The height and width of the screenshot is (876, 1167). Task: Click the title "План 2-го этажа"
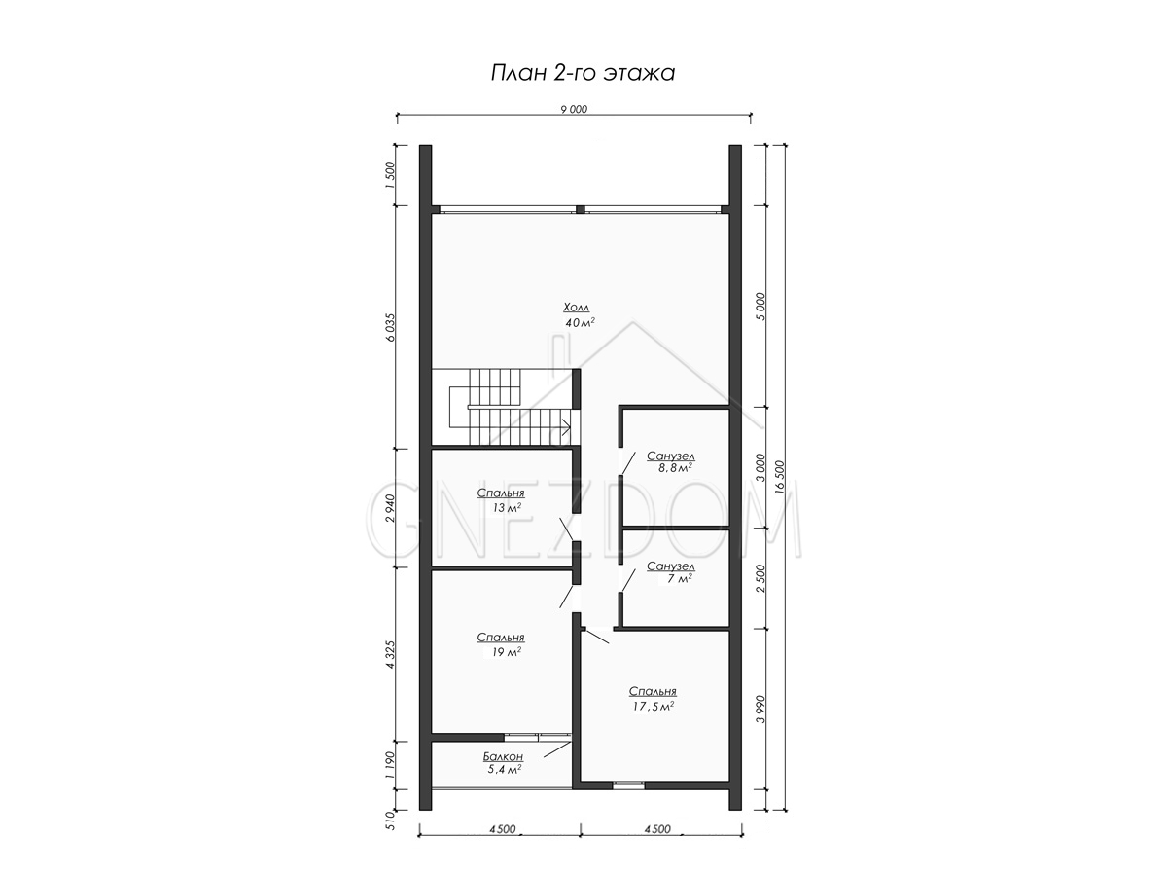click(583, 73)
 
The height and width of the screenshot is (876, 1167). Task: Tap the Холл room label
click(577, 308)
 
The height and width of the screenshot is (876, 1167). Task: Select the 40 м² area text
click(580, 322)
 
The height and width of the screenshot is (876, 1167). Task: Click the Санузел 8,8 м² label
click(670, 461)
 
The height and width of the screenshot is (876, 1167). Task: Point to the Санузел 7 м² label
click(670, 572)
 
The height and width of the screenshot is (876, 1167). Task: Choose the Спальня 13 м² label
click(501, 500)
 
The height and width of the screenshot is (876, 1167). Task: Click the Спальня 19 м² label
click(501, 644)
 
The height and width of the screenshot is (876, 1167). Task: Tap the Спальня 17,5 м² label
click(653, 698)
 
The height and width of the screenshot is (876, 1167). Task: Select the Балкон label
click(503, 756)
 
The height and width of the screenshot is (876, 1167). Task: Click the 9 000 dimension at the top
click(574, 110)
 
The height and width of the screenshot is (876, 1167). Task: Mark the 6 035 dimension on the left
click(391, 327)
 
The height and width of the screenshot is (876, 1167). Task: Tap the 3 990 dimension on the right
click(761, 709)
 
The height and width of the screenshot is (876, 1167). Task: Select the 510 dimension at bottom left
click(391, 821)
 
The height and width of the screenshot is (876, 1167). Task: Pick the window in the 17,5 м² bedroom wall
click(628, 785)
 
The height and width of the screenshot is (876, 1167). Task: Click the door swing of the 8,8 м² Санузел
click(627, 462)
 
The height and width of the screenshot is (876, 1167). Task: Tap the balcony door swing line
click(557, 749)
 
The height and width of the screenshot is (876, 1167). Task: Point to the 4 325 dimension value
click(391, 654)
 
